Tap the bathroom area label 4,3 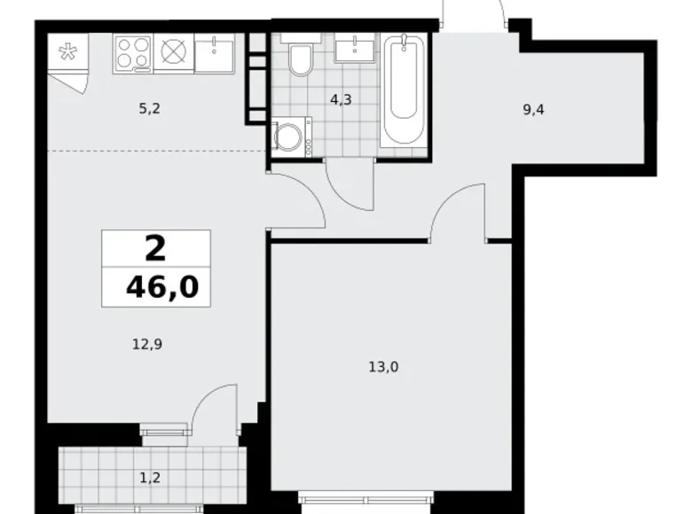[x=341, y=100]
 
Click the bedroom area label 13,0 [x=384, y=366]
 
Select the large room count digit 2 [x=155, y=249]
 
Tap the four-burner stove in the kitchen [x=133, y=53]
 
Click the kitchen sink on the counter [x=214, y=55]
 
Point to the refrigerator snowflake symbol [x=67, y=52]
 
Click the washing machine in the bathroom [x=288, y=137]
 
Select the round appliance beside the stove [x=171, y=53]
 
